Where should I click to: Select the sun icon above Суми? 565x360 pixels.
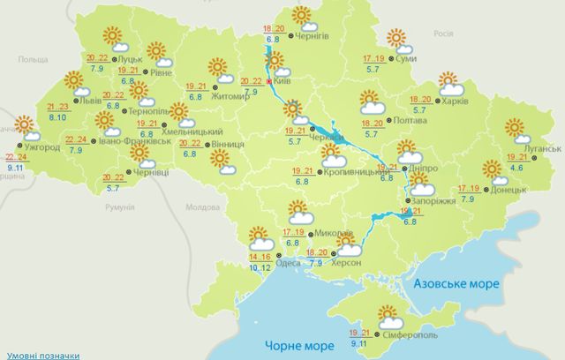[398, 37]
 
